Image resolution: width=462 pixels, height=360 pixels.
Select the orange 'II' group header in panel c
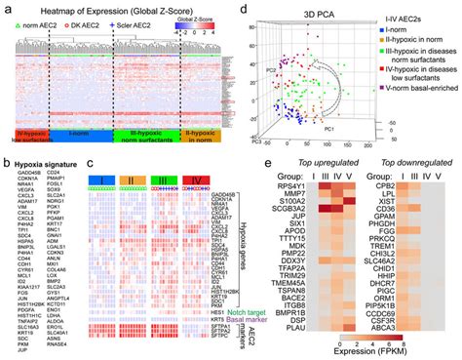point(133,181)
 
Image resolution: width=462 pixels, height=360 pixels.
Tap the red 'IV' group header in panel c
point(195,181)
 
